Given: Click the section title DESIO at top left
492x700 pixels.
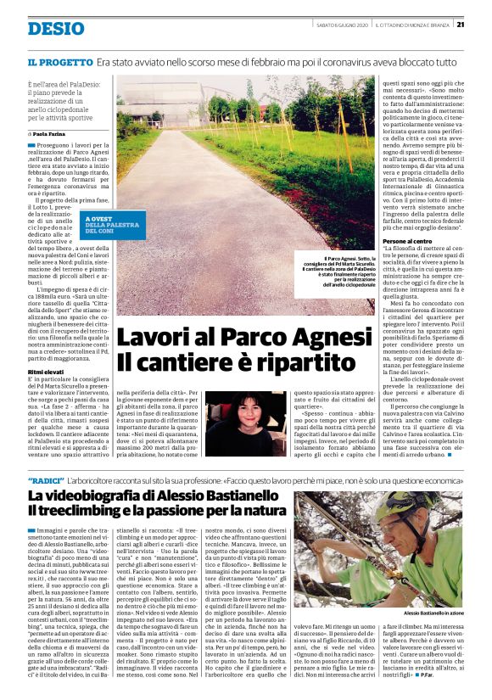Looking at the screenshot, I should click(56, 28).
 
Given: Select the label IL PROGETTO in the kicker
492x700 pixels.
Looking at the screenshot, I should click(59, 63).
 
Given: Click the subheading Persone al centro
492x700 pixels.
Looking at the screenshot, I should click(409, 242).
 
